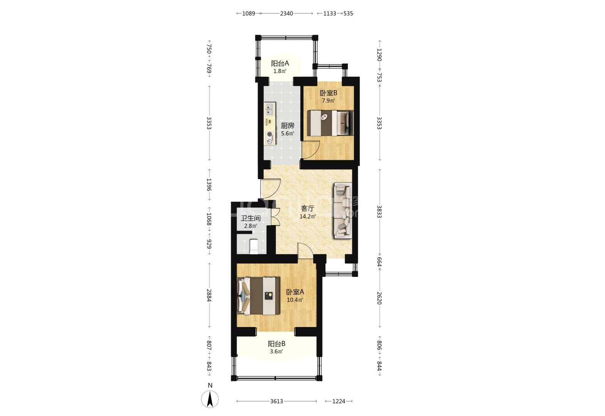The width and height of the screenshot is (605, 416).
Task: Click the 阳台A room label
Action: point(280,64)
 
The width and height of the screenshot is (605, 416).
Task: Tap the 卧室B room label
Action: point(328,93)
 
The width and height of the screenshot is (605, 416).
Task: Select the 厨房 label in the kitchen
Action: point(287,126)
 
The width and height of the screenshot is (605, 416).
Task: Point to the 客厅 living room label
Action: point(308,208)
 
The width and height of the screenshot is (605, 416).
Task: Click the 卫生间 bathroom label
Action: point(251,218)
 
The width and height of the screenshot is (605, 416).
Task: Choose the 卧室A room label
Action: point(295,292)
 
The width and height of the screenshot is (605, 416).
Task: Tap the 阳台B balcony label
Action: point(277,344)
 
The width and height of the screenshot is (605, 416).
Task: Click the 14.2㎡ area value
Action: point(308,216)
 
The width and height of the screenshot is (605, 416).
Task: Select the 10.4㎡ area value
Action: point(295,300)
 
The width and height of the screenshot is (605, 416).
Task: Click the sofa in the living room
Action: point(343,211)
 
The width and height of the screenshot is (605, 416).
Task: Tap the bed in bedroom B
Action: point(330,123)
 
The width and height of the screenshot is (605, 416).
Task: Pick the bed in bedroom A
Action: point(258,296)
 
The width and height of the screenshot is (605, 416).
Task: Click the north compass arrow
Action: point(210,399)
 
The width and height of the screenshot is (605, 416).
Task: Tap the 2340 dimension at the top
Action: point(286,13)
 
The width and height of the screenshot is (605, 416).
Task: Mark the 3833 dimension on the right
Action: point(379,211)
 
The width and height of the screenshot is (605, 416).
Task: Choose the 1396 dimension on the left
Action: point(209,185)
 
